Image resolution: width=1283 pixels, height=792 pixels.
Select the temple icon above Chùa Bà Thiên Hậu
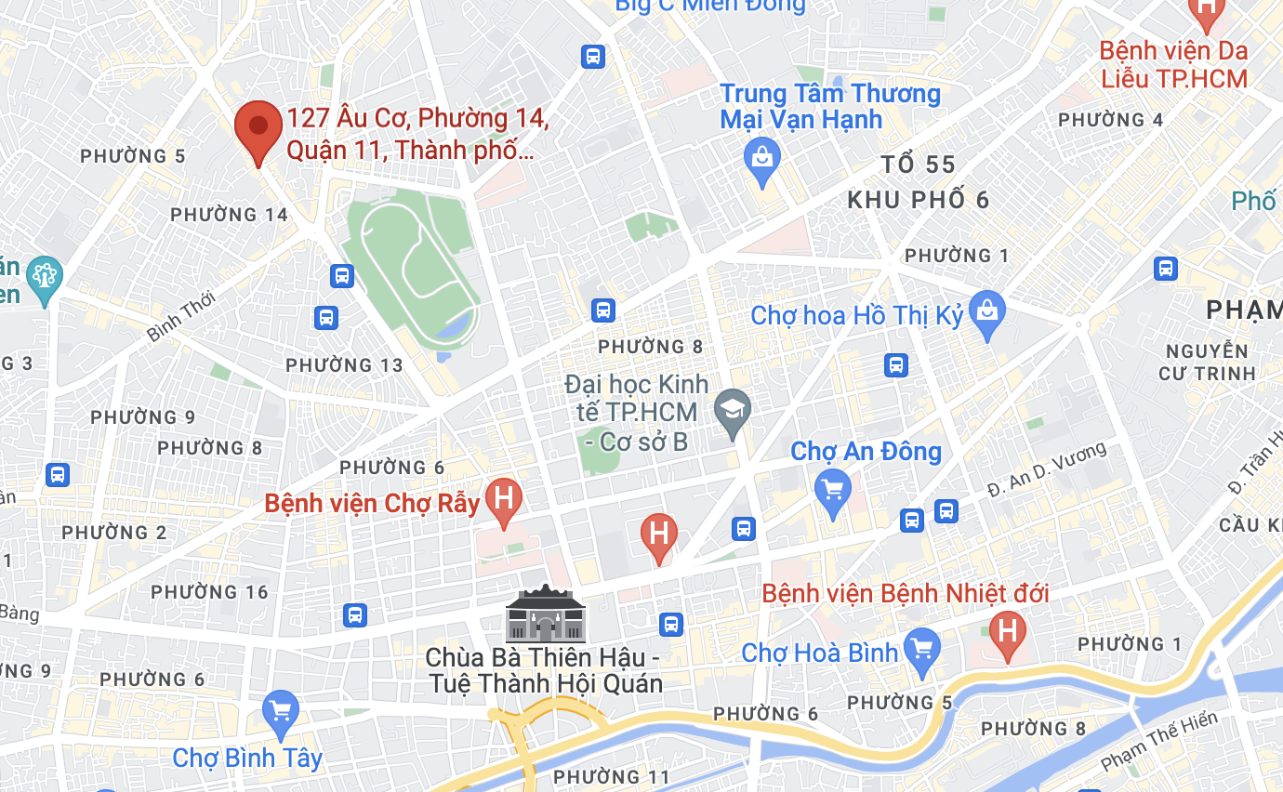tap(546, 614)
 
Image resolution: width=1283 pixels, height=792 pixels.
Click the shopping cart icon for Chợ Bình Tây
tap(280, 712)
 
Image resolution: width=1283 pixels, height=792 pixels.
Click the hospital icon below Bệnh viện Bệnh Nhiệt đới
tap(1007, 632)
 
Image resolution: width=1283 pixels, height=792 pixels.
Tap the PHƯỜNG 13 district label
tap(344, 365)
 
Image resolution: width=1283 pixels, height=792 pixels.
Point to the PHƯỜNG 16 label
tap(209, 592)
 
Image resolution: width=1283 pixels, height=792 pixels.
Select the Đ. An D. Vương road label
tap(1047, 469)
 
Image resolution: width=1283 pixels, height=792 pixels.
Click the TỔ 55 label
tap(918, 165)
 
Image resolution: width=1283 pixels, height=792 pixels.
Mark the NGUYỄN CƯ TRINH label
tap(1207, 363)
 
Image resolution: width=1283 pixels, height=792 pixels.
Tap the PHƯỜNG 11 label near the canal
tap(611, 776)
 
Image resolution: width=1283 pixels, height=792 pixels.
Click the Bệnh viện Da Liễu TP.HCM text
tap(1173, 64)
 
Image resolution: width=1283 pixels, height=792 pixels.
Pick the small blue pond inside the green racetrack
tap(453, 326)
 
